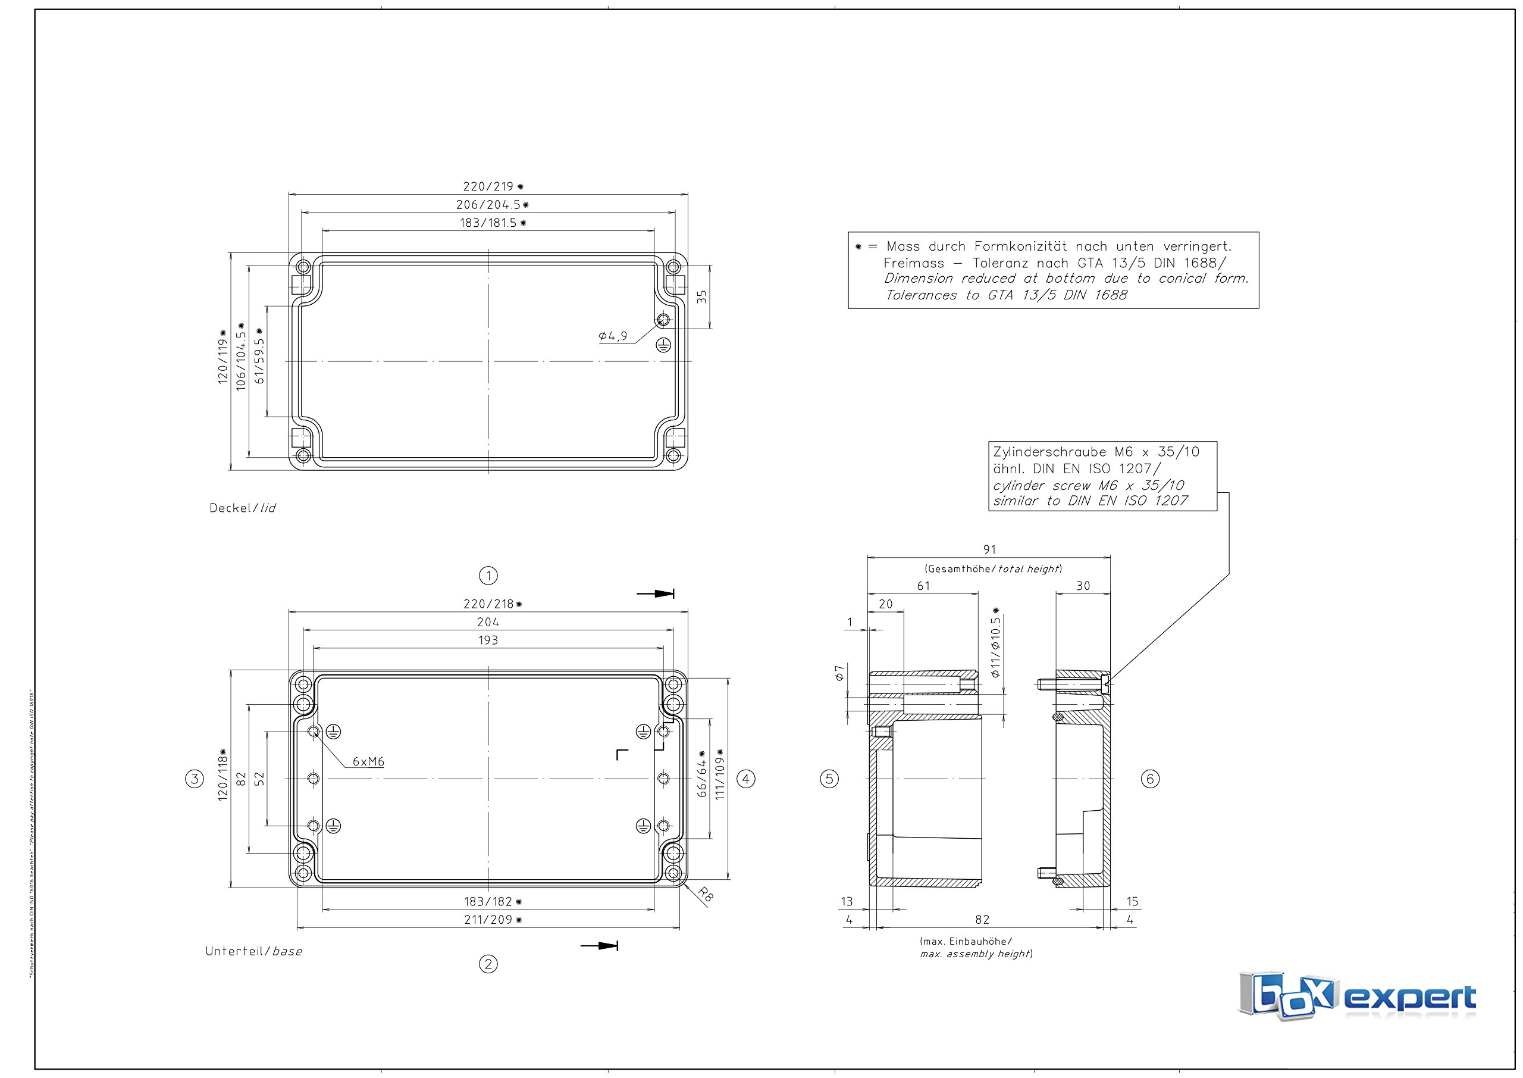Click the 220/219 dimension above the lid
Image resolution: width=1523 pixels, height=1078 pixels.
pos(493,186)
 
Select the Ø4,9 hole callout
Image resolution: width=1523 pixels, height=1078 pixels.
pos(612,336)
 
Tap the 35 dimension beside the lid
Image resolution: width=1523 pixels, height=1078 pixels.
pos(702,296)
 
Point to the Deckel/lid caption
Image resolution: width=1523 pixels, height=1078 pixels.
pos(242,508)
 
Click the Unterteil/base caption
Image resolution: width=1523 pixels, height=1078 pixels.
pos(253,951)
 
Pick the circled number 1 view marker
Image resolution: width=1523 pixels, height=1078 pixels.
pos(488,576)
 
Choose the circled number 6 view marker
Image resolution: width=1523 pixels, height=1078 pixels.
pos(1150,779)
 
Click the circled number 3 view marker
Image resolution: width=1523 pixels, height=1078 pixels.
pos(195,779)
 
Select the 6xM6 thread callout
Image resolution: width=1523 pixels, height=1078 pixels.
pos(368,761)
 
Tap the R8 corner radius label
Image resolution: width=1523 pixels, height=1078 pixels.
pos(706,896)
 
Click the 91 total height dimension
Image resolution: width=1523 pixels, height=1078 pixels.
pos(989,549)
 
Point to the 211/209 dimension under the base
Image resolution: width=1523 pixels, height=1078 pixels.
pos(492,919)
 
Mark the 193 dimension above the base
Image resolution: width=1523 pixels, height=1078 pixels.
pos(488,640)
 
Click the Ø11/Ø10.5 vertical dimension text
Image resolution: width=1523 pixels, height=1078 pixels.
pos(995,644)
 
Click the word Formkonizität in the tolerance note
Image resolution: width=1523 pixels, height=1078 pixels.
pos(1020,246)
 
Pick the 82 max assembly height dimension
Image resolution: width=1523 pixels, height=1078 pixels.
pos(982,919)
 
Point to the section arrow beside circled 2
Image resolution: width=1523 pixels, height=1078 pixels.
pos(600,945)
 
